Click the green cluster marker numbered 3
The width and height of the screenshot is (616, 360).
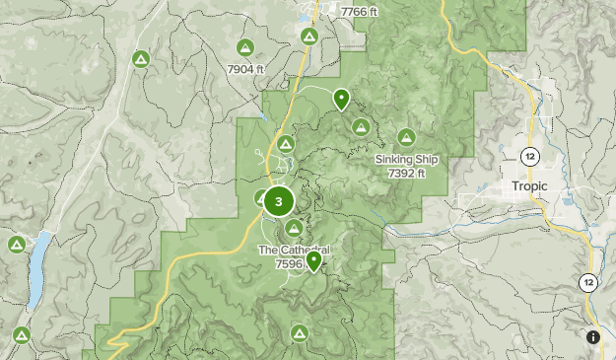coord(279,202)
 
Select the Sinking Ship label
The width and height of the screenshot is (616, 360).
coord(406,160)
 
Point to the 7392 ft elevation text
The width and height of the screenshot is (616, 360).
coord(406,173)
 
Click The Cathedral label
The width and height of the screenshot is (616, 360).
coord(293,251)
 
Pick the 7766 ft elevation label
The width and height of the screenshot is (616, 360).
coord(358,11)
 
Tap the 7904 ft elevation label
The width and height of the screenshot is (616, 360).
coord(245,69)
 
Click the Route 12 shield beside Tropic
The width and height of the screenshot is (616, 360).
coord(531,157)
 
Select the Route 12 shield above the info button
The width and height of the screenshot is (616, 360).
coord(588,283)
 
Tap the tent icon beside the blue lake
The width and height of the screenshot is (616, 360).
coord(16,244)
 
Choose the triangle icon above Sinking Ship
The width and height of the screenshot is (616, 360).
coord(405,137)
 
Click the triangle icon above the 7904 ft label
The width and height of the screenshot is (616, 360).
coord(245,47)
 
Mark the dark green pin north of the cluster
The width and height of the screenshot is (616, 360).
coord(341,98)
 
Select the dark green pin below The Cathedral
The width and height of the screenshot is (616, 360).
coord(313,261)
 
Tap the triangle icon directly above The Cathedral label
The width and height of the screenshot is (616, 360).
coord(294,228)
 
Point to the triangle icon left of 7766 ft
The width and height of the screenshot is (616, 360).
coord(309,36)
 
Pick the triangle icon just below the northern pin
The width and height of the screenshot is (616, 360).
coord(362,126)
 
